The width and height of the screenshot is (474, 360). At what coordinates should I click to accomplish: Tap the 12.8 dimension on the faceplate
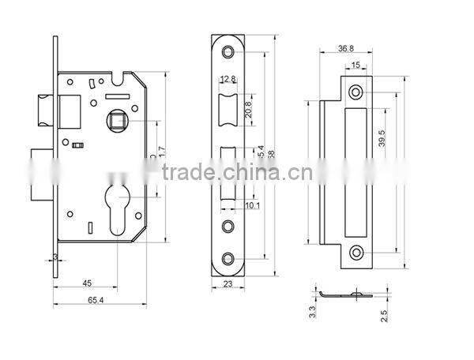click(x=228, y=79)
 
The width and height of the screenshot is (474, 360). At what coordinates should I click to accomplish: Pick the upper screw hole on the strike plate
click(x=355, y=92)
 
